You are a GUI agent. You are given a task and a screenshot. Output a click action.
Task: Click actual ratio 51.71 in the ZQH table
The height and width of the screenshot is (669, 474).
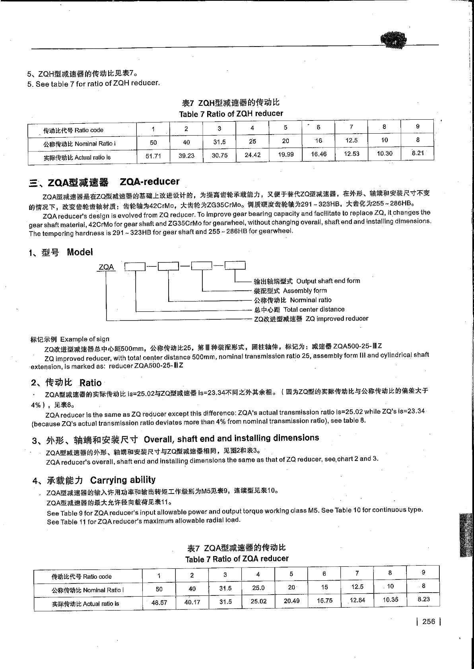click(153, 156)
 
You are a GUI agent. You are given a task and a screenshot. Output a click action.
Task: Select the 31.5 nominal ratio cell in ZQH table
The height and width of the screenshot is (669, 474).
click(219, 142)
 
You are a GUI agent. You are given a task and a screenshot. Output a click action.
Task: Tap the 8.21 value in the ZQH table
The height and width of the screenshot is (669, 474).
click(418, 153)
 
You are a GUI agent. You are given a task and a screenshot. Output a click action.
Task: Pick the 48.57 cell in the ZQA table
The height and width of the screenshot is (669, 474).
click(159, 603)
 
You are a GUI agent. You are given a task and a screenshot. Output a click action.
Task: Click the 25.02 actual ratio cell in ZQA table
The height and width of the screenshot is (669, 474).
click(258, 601)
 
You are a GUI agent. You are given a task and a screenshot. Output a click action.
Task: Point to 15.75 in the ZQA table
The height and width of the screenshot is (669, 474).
click(324, 601)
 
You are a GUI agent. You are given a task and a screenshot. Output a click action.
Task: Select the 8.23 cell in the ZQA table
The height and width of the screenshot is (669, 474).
click(423, 599)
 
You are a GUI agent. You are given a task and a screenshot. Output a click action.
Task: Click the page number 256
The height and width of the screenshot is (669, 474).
click(429, 622)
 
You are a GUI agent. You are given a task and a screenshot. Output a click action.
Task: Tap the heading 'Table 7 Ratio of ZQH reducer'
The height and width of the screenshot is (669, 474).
click(231, 114)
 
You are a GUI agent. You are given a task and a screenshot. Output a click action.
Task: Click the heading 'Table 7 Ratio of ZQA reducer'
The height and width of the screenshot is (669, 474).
click(237, 559)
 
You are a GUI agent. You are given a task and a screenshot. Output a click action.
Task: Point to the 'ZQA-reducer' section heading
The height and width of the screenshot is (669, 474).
click(150, 182)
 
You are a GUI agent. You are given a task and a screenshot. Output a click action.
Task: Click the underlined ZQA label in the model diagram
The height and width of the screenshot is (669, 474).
click(106, 267)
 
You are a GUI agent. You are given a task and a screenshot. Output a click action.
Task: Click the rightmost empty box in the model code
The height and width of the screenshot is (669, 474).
click(235, 265)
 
